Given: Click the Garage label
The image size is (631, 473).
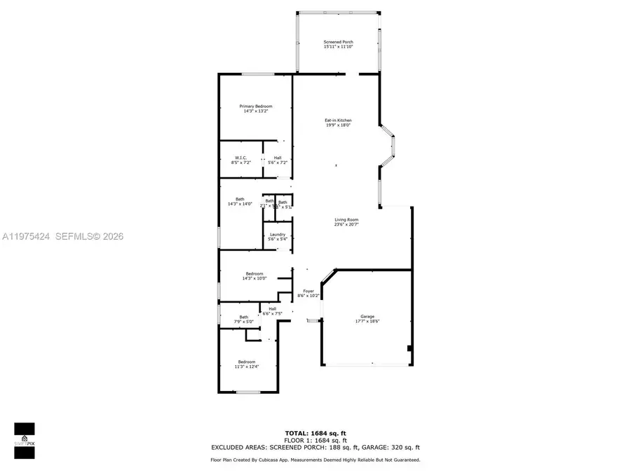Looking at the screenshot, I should [x=367, y=320].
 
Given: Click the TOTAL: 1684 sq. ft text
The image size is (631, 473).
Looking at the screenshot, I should [x=315, y=432].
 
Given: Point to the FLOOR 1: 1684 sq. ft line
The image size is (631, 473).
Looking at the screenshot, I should [x=315, y=439].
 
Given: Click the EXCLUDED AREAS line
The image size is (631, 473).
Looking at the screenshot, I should [x=315, y=447].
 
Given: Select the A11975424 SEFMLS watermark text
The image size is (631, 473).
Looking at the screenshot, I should [x=62, y=237].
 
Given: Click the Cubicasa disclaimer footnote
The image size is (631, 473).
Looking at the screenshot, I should [x=315, y=460].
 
